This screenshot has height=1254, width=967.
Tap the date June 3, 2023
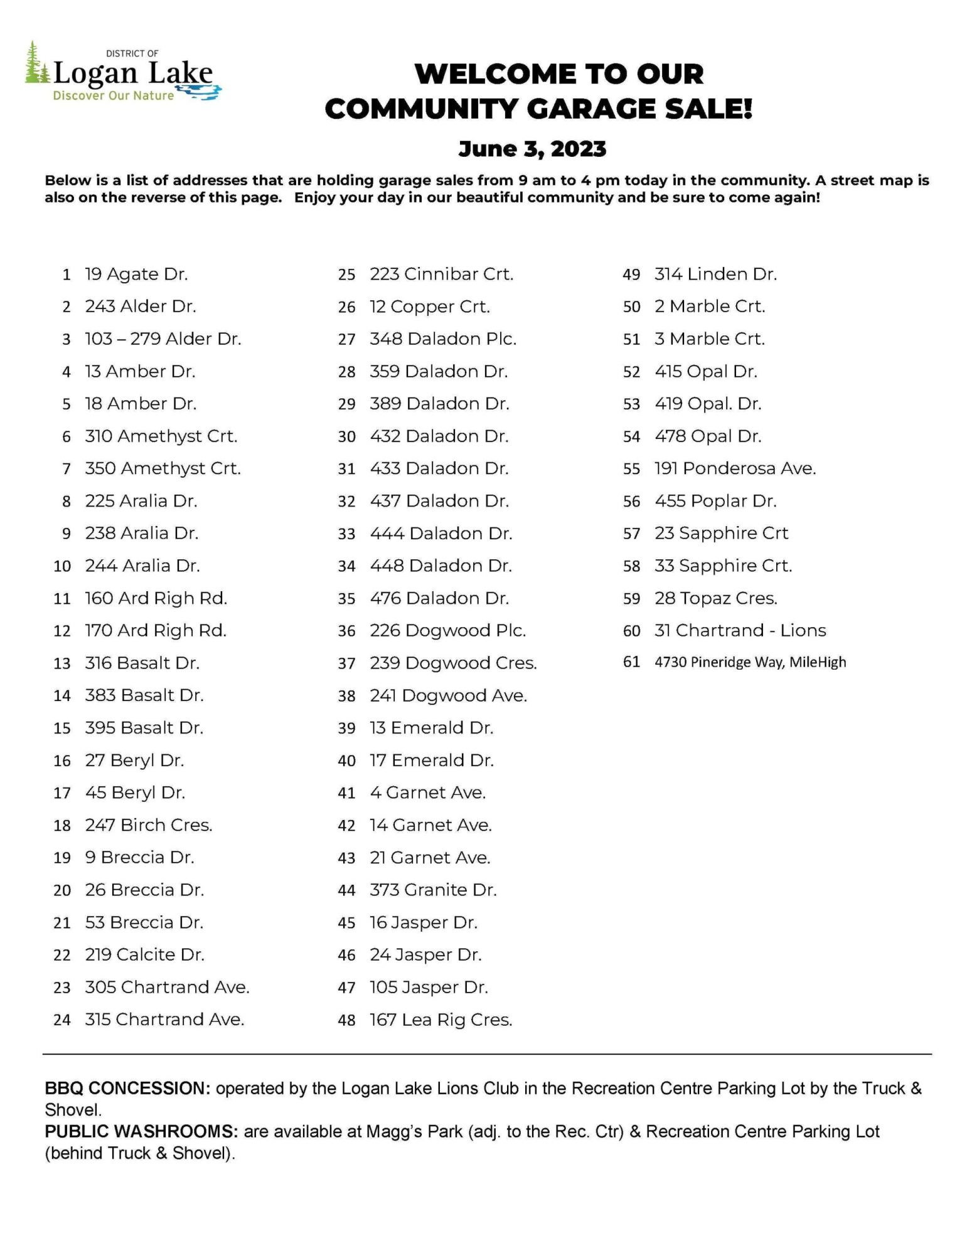[x=532, y=149]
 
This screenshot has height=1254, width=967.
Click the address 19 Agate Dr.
[x=136, y=274]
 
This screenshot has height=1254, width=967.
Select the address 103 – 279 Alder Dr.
[x=163, y=339]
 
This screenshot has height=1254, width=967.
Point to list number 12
[x=62, y=631]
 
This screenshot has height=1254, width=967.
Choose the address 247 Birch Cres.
[x=149, y=825]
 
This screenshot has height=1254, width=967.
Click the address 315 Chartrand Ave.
[x=164, y=1020]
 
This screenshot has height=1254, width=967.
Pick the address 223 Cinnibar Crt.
[x=441, y=274]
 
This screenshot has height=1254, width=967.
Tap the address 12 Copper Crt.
[x=429, y=307]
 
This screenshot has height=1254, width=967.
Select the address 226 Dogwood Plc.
[x=447, y=631]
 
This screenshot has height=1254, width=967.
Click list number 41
[x=346, y=793]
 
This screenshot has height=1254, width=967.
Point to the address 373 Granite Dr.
[x=433, y=890]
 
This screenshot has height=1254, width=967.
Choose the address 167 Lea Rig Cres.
[x=441, y=1020]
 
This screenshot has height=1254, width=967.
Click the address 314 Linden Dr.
[x=715, y=274]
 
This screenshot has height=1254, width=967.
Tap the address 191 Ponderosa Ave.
[x=735, y=468]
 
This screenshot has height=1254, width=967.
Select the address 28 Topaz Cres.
[x=715, y=599]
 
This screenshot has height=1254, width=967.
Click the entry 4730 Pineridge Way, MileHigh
[x=750, y=662]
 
